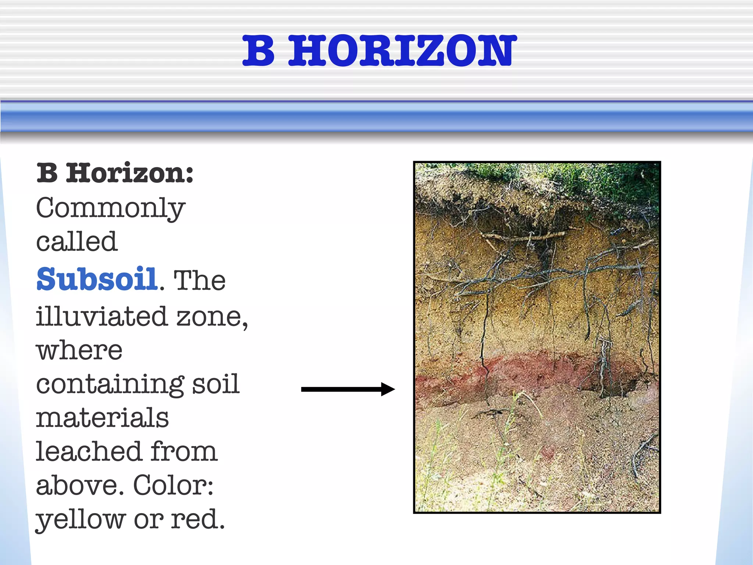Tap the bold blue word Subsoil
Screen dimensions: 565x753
[97, 280]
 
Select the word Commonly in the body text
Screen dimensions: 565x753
[110, 209]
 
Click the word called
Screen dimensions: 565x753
[77, 242]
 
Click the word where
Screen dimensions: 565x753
[79, 351]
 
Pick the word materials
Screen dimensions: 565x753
[102, 418]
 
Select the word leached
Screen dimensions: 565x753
[88, 451]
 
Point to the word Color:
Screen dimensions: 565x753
[173, 486]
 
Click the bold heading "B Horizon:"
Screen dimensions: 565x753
[115, 173]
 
